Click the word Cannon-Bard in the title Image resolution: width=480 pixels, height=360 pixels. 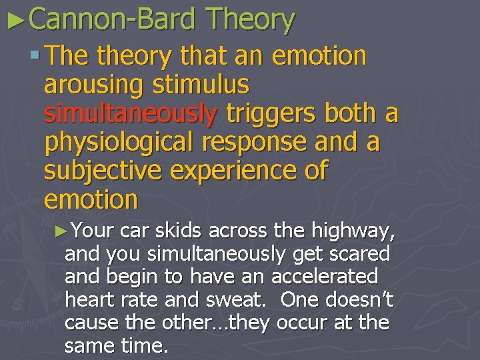[x=112, y=20]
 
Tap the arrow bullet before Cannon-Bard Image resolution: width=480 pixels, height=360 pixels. [x=15, y=21]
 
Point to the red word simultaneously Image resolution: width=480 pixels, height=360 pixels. [x=130, y=114]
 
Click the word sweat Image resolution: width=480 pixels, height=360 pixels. [x=247, y=299]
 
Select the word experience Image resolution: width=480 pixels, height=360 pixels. [x=237, y=171]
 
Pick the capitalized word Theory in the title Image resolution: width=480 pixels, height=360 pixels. [x=249, y=20]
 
